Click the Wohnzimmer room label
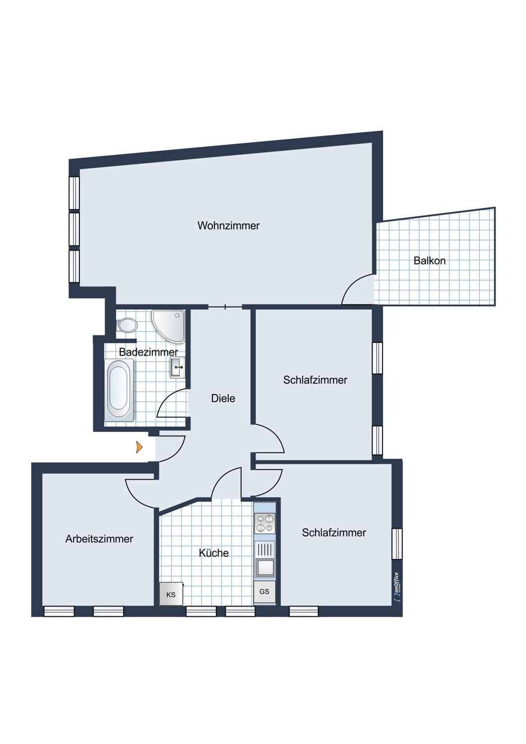pyautogui.click(x=228, y=226)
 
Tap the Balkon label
pyautogui.click(x=429, y=261)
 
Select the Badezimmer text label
pyautogui.click(x=148, y=352)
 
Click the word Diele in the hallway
pyautogui.click(x=223, y=398)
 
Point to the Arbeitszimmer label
pyautogui.click(x=99, y=539)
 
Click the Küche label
pyautogui.click(x=214, y=553)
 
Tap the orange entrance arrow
pyautogui.click(x=139, y=447)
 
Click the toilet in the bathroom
pyautogui.click(x=127, y=325)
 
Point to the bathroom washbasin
pyautogui.click(x=177, y=368)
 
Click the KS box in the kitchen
pyautogui.click(x=171, y=594)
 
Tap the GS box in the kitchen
pyautogui.click(x=264, y=592)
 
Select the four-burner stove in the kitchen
pyautogui.click(x=264, y=523)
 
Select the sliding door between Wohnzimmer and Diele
pyautogui.click(x=225, y=307)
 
